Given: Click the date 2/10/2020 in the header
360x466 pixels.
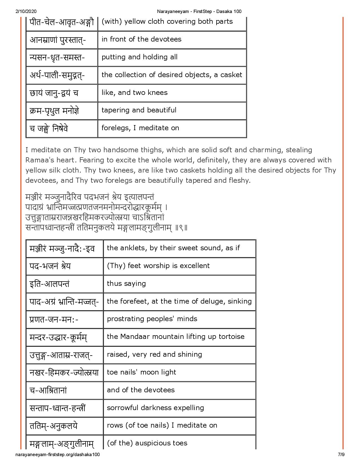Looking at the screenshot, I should [x=25, y=11].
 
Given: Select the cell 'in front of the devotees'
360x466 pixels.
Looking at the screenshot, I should [x=141, y=39].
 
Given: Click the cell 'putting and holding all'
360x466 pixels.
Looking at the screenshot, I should [x=139, y=57].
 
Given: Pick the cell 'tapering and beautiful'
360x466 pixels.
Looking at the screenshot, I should [x=139, y=110].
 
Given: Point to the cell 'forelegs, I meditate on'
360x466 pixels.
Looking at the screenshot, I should [x=140, y=128].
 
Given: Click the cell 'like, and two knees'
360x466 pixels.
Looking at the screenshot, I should [x=134, y=93].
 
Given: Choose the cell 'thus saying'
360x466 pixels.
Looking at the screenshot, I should [x=126, y=284].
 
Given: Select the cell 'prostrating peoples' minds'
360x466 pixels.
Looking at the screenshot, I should [x=152, y=319].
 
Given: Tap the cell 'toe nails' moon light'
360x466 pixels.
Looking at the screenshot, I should [x=141, y=372].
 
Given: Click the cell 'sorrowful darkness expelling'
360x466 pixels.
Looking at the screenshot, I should [x=155, y=408].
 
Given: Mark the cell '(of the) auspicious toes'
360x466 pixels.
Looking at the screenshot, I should [x=147, y=443].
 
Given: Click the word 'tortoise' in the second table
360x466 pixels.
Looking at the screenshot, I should [x=233, y=337].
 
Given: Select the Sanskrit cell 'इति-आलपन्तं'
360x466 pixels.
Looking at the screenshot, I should [x=50, y=284].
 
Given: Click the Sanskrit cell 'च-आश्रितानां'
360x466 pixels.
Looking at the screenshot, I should [x=48, y=390].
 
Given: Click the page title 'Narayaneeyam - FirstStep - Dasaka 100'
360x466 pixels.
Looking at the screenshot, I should [x=199, y=11].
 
